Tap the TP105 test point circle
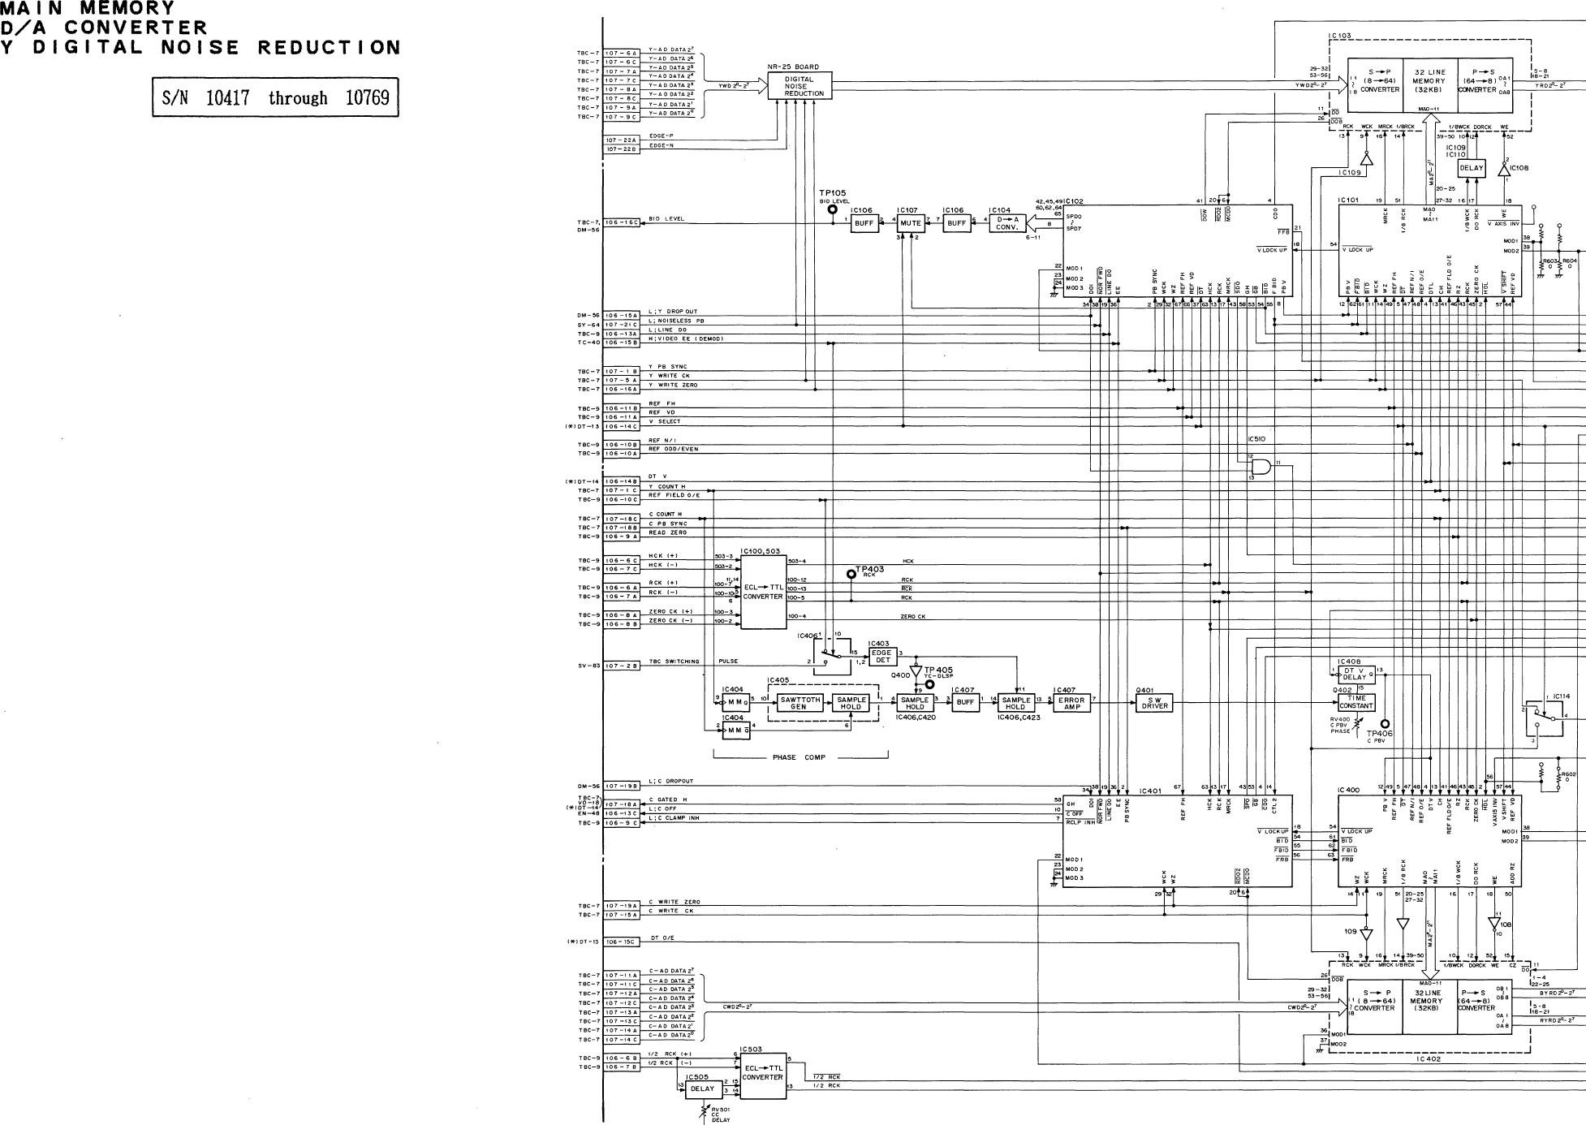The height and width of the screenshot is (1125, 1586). click(x=832, y=209)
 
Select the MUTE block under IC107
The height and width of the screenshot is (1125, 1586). click(x=911, y=223)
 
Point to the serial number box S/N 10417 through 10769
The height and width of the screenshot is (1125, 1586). click(x=275, y=98)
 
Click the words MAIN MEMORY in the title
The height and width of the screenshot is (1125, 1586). click(x=88, y=9)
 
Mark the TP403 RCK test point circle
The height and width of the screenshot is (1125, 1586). click(x=851, y=574)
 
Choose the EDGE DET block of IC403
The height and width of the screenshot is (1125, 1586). click(x=881, y=657)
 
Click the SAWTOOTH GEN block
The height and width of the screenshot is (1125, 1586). click(x=799, y=703)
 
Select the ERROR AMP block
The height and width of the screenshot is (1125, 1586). click(x=1072, y=703)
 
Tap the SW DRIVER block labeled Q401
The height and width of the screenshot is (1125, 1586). click(x=1154, y=703)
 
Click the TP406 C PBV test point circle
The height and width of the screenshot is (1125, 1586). click(x=1385, y=724)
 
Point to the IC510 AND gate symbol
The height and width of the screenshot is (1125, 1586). click(x=1261, y=468)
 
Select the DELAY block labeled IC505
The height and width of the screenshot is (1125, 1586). click(x=702, y=1089)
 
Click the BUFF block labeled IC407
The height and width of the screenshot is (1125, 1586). click(x=965, y=703)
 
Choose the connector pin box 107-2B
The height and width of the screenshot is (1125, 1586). click(x=622, y=666)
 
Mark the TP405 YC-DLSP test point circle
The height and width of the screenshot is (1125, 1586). click(x=930, y=684)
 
